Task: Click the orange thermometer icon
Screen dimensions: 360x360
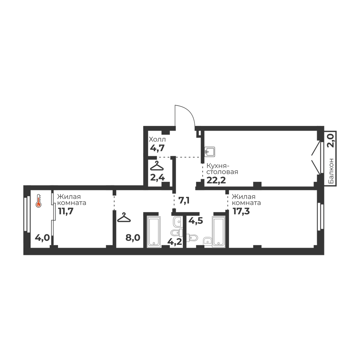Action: click(38, 202)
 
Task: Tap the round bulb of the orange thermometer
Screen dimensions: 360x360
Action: click(38, 205)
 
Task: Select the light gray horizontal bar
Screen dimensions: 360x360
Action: click(164, 154)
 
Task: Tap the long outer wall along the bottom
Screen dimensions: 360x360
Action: click(173, 251)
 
